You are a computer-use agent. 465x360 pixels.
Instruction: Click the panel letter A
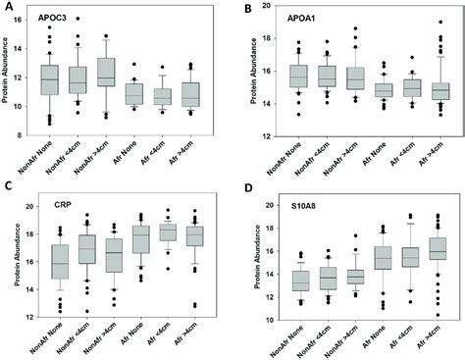click(x=8, y=7)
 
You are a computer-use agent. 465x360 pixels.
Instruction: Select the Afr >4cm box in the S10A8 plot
click(x=432, y=252)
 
